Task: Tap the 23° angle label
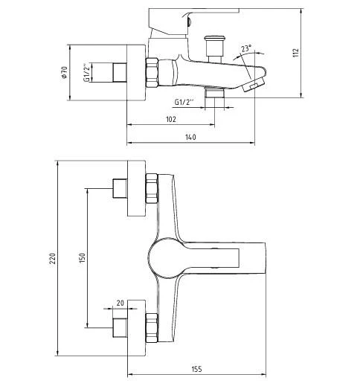246,50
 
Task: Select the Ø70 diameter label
65,74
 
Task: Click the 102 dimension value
171,119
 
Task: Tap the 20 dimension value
120,303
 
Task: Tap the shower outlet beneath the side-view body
213,94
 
